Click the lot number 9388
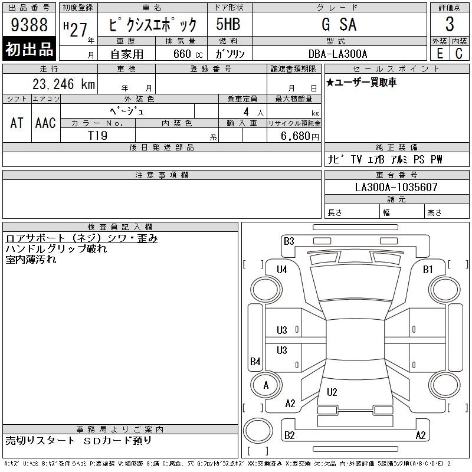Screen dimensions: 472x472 29,24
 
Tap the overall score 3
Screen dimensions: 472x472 450,24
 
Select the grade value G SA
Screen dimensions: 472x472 339,24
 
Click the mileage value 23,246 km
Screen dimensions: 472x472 64,84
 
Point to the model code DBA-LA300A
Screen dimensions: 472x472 337,54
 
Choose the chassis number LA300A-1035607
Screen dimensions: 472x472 396,187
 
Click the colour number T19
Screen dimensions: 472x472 97,136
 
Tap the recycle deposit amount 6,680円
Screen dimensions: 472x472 300,136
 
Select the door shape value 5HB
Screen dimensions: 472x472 228,24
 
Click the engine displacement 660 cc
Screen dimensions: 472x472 188,54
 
